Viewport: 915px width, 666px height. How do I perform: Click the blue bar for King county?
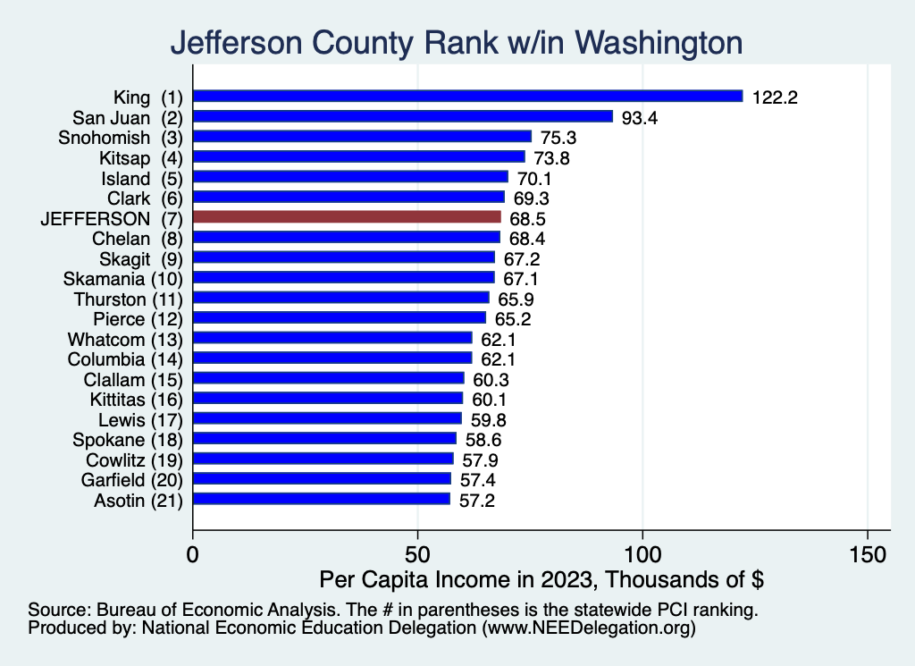pyautogui.click(x=467, y=96)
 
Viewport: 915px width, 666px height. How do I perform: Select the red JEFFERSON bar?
pyautogui.click(x=347, y=216)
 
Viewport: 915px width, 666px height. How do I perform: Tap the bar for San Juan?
pyautogui.click(x=403, y=116)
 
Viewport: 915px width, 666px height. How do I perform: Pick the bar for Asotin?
pyautogui.click(x=322, y=499)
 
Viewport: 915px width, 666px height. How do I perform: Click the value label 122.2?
pyautogui.click(x=774, y=97)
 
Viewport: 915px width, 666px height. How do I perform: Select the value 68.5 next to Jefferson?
pyautogui.click(x=527, y=217)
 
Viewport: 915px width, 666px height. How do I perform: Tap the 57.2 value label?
pyautogui.click(x=476, y=500)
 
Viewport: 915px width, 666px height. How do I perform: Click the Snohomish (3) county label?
pyautogui.click(x=120, y=137)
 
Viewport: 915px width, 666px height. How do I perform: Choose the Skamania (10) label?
pyautogui.click(x=123, y=278)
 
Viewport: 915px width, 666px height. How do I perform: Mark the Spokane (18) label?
pyautogui.click(x=129, y=439)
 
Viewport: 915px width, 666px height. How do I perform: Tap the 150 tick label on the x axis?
pyautogui.click(x=868, y=554)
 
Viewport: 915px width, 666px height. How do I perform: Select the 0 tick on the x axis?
pyautogui.click(x=193, y=554)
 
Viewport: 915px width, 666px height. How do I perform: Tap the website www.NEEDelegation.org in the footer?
pyautogui.click(x=588, y=628)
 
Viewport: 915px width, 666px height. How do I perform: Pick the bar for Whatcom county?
pyautogui.click(x=332, y=338)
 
